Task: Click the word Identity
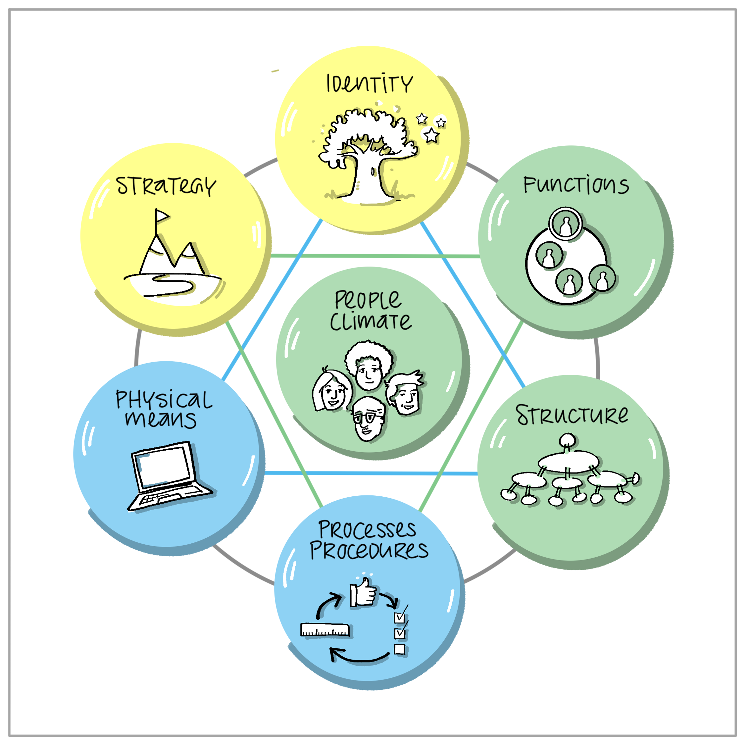click(x=370, y=84)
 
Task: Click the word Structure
click(x=572, y=415)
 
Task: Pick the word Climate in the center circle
click(x=371, y=321)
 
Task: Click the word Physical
click(x=164, y=400)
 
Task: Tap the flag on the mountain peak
click(x=161, y=216)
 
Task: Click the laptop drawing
click(x=170, y=476)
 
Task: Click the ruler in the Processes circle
click(x=325, y=630)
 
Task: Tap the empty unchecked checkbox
click(x=400, y=649)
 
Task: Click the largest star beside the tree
click(x=431, y=135)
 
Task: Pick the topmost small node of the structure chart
click(x=567, y=440)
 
